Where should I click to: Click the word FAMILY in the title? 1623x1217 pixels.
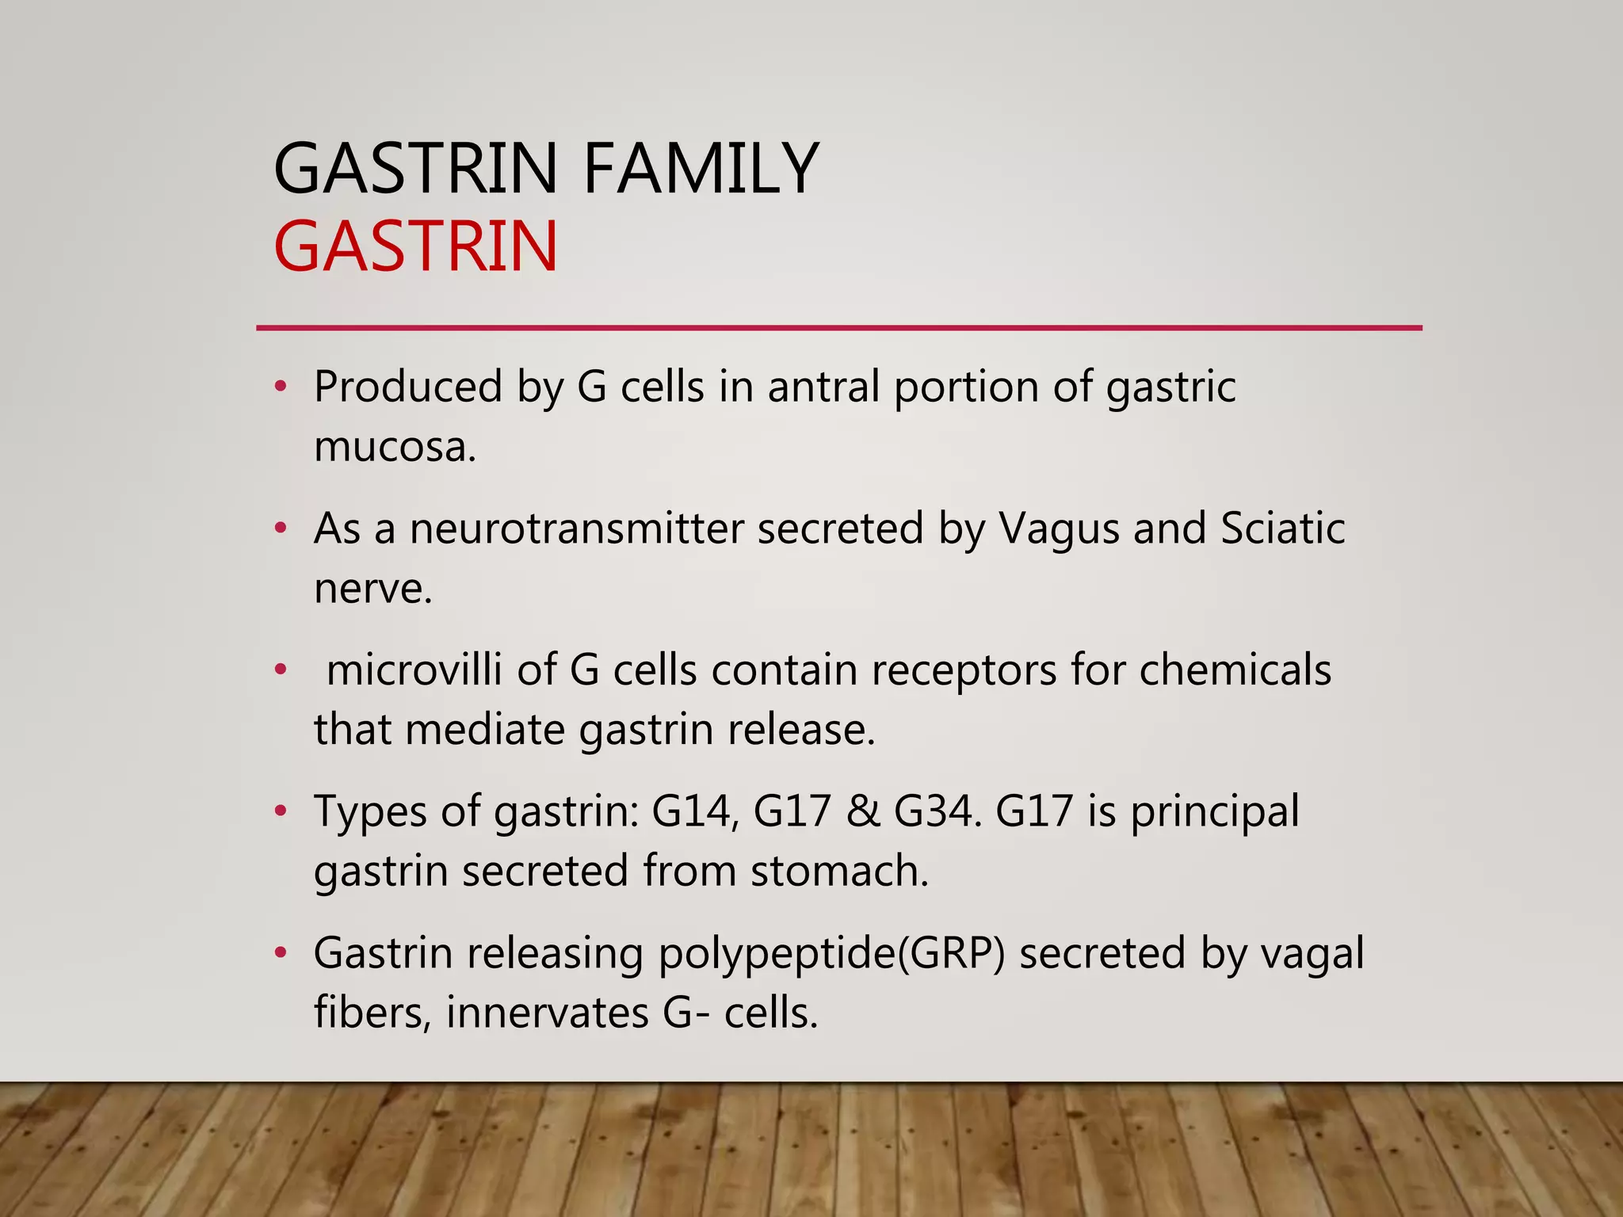coord(701,169)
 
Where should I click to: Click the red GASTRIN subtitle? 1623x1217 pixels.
coord(416,247)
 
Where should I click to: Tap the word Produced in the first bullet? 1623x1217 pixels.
coord(408,387)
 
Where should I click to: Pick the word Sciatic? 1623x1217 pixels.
coord(1282,528)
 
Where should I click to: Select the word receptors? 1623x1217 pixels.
coord(964,671)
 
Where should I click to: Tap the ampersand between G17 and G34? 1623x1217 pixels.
coord(863,811)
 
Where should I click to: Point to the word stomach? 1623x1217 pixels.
coord(839,871)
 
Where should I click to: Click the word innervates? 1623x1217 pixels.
coord(547,1013)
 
